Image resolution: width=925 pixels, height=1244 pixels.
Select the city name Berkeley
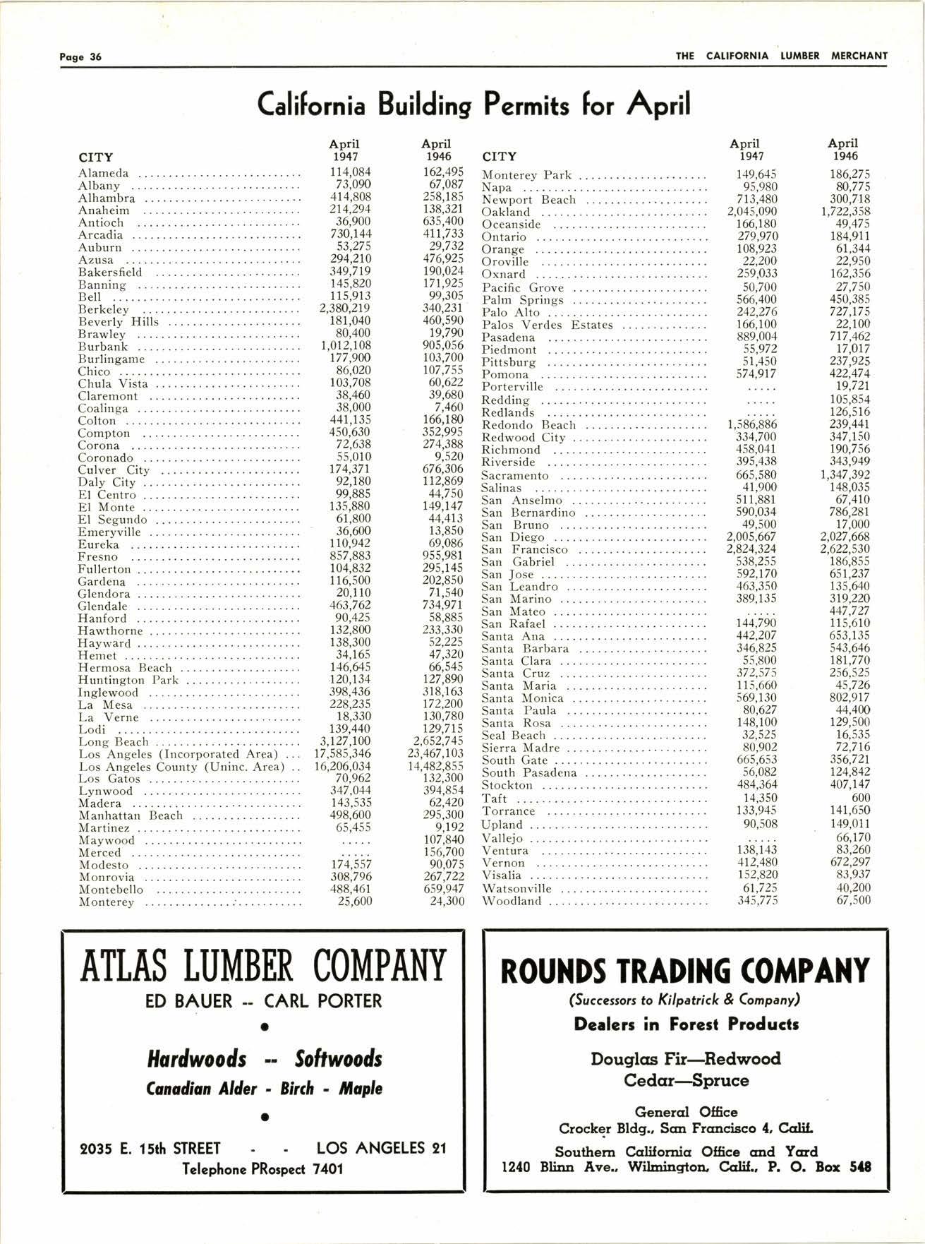104,309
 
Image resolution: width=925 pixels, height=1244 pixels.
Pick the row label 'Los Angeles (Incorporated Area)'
179,754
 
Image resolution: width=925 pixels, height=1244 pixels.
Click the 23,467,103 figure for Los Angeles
436,753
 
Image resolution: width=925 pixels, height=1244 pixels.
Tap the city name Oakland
505,212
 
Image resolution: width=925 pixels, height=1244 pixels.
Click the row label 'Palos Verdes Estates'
547,325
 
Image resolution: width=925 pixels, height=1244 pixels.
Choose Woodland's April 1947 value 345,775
758,900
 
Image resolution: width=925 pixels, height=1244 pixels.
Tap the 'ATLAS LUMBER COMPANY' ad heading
262,965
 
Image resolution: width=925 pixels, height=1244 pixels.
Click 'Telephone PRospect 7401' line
262,1168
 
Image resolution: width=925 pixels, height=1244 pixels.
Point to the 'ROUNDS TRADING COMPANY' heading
684,970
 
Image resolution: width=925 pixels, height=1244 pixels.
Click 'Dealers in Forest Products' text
686,1024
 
